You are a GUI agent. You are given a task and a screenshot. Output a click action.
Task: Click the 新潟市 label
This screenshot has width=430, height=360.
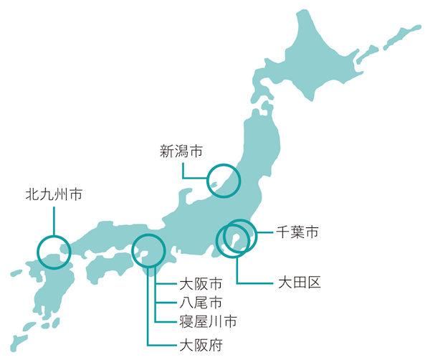click(180, 151)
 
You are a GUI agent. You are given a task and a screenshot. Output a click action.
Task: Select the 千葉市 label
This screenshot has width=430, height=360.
click(297, 232)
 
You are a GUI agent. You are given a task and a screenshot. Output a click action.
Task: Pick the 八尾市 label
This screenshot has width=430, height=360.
click(200, 302)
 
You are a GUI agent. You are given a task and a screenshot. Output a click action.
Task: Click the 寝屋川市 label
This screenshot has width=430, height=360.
click(207, 320)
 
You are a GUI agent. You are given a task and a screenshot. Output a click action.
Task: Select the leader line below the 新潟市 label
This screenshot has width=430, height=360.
click(183, 169)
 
